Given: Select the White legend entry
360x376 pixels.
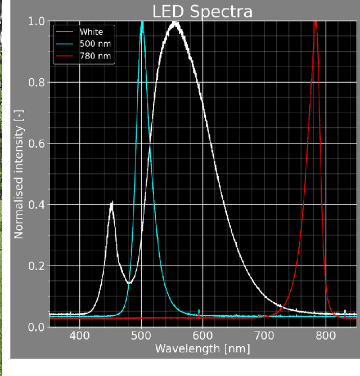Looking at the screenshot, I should point(92,32).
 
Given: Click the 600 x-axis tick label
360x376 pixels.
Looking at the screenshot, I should point(202,337).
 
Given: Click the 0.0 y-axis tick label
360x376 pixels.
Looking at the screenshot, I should point(37,327).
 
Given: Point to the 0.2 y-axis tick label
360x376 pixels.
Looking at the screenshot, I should point(37,266).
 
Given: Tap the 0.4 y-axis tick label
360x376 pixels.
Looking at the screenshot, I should point(37,205).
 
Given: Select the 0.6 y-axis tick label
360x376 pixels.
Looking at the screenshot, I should point(37,144).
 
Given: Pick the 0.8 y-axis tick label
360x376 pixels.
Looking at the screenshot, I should point(37,82).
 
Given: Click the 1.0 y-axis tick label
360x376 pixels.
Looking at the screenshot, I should point(37,21).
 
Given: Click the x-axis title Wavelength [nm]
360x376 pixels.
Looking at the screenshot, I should point(202,350).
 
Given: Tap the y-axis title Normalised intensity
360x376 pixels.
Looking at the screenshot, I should point(19,174).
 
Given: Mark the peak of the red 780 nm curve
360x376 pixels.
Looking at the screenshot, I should point(316,23).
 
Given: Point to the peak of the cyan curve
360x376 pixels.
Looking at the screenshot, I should point(142,23).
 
